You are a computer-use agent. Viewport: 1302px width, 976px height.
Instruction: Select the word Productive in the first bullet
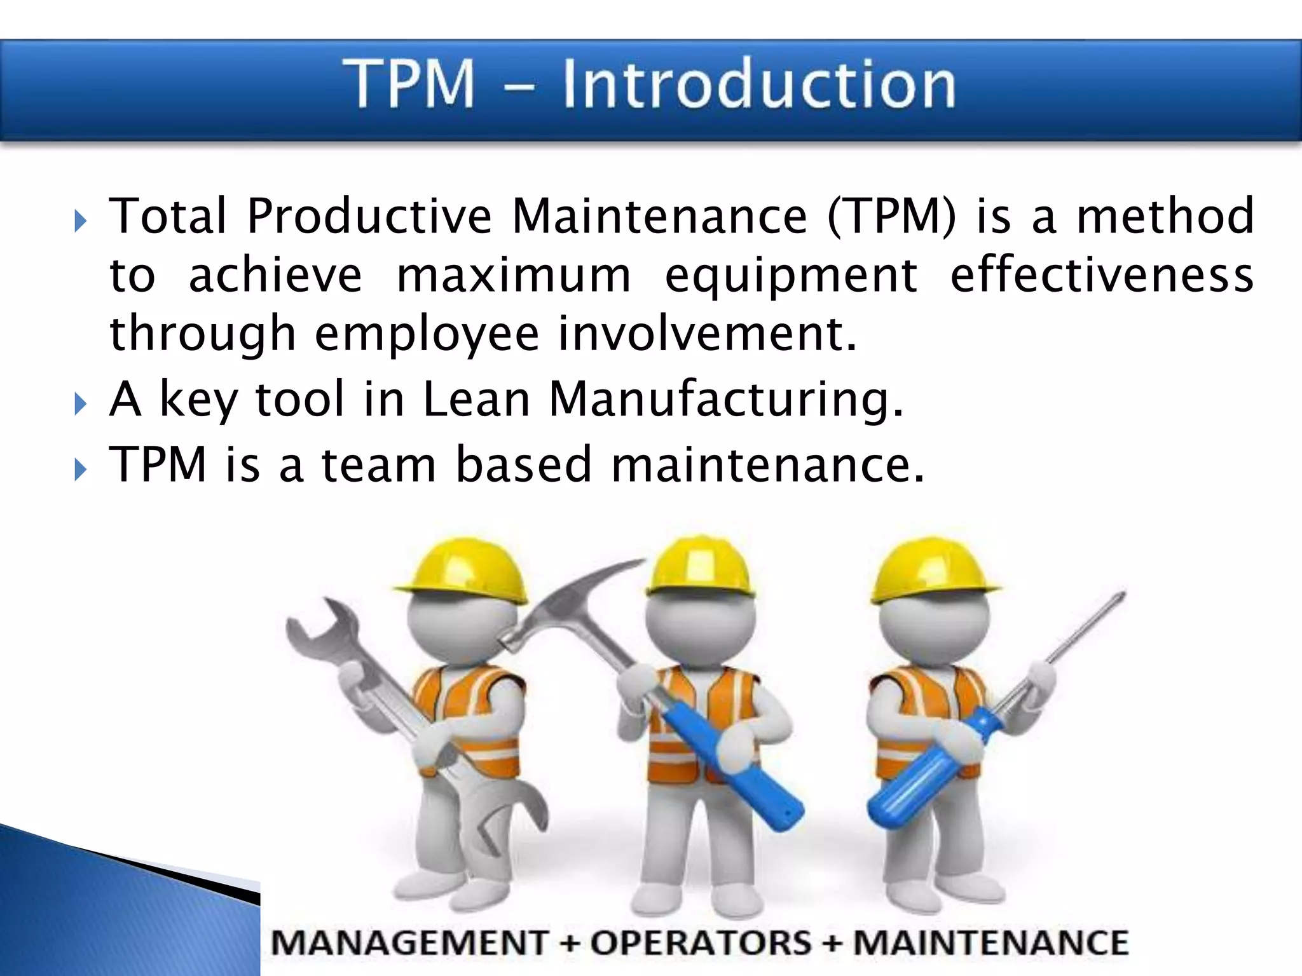[369, 217]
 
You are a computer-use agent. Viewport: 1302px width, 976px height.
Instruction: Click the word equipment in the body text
[791, 276]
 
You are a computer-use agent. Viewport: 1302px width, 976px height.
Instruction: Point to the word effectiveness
[1102, 274]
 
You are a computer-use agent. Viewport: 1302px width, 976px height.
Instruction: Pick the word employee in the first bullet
[427, 334]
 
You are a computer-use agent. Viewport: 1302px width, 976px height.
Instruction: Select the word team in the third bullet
[379, 464]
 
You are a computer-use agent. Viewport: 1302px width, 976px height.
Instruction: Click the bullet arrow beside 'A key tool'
[80, 403]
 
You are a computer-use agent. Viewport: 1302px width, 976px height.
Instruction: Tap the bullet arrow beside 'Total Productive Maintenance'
[80, 222]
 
